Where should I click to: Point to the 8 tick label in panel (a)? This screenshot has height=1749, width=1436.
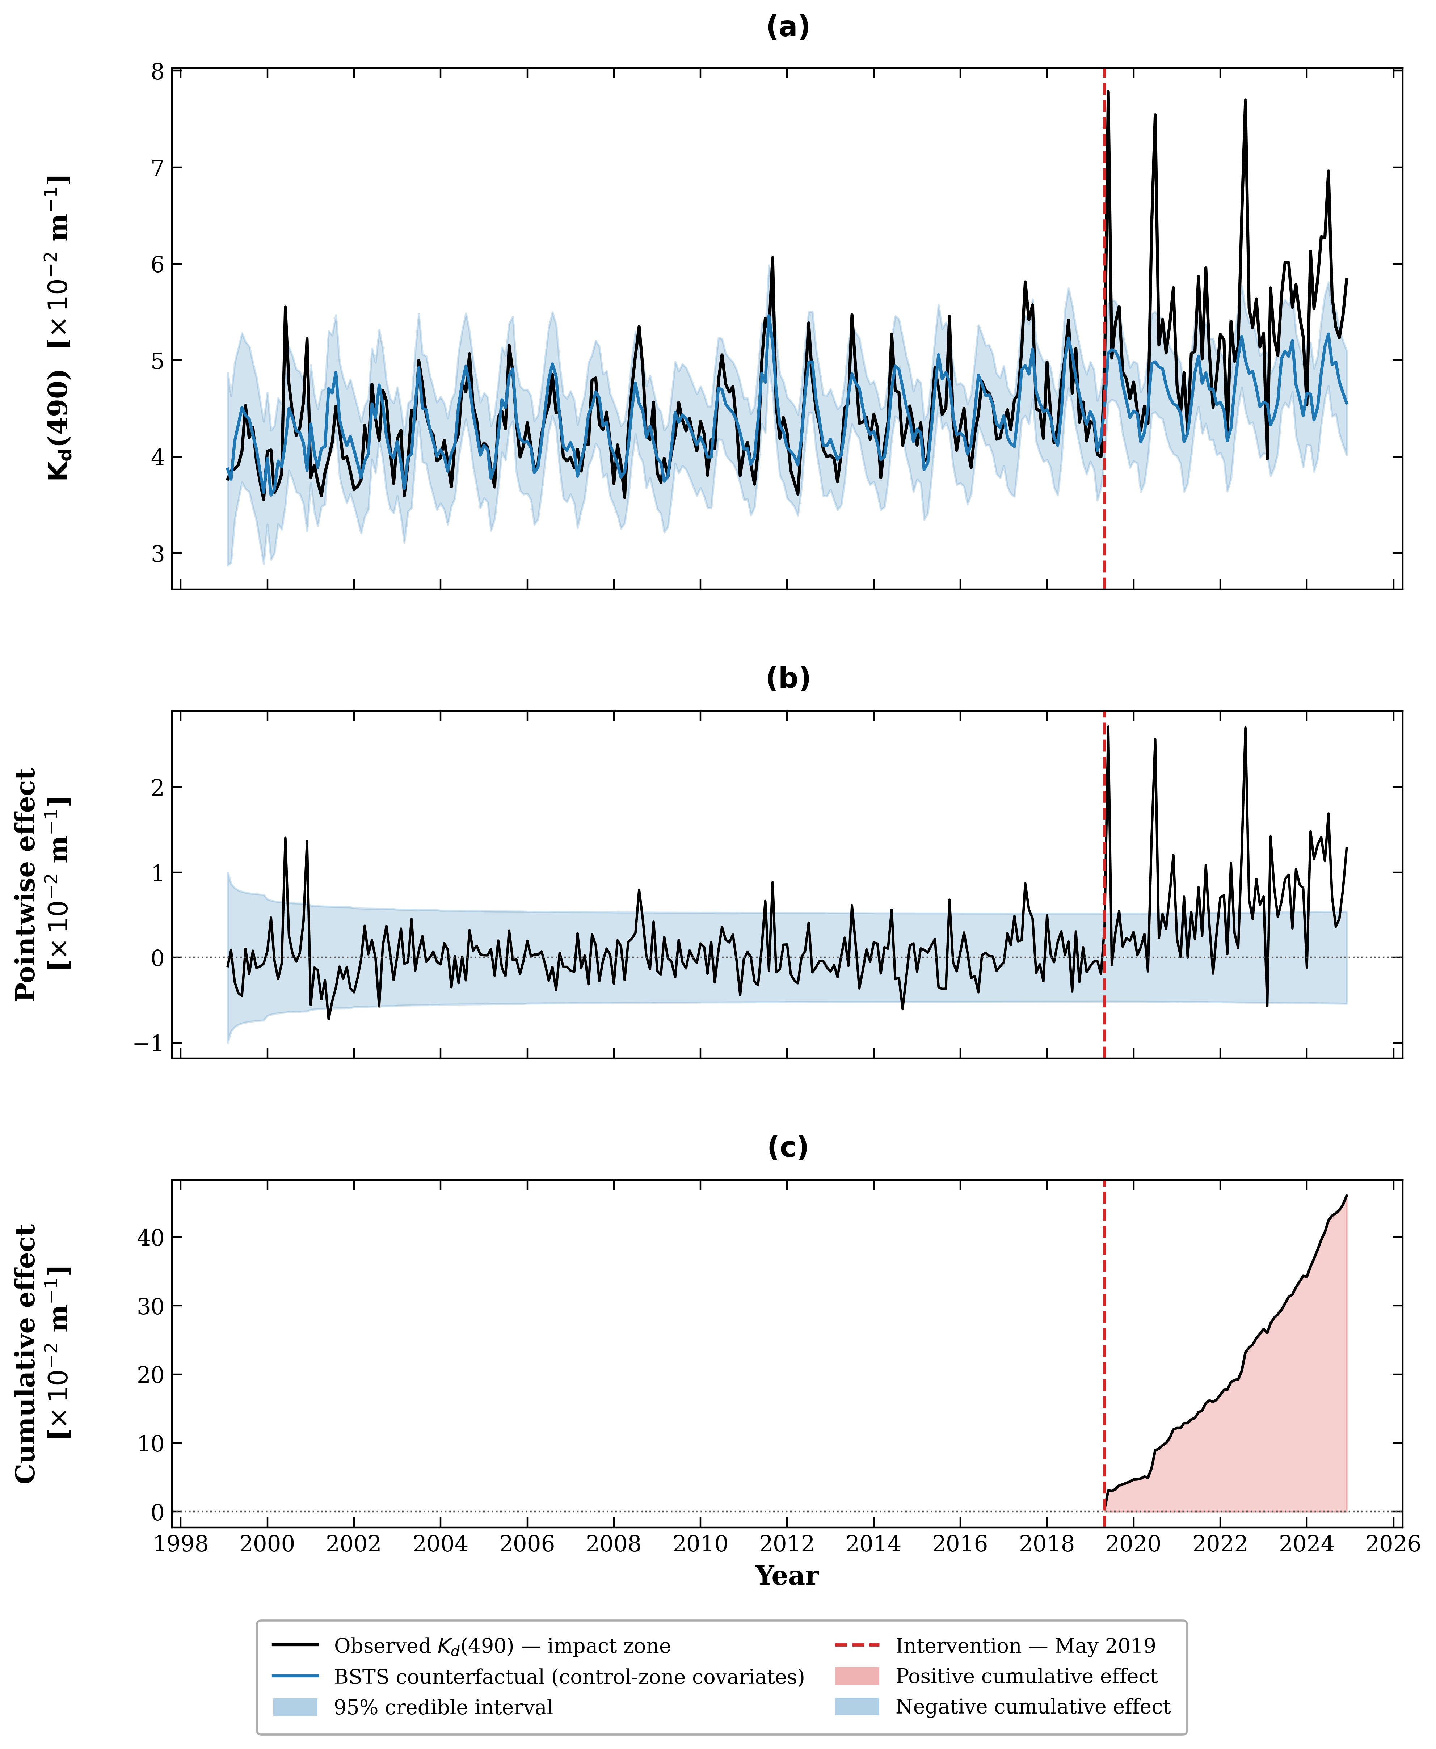[157, 71]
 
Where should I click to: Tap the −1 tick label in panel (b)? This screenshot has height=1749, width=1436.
[149, 1044]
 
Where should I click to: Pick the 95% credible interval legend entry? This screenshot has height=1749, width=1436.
[443, 1707]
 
